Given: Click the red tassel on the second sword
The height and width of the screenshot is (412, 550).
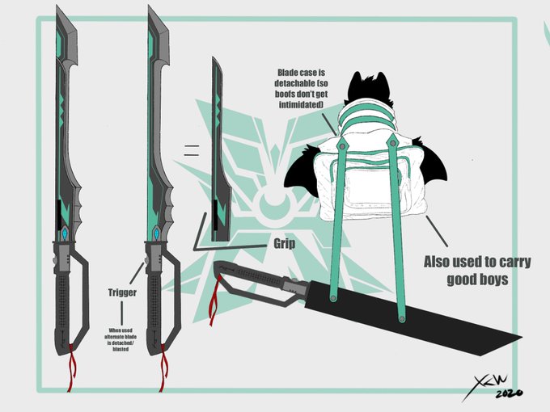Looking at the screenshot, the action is [164, 364].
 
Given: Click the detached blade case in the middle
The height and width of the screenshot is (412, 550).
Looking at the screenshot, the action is [217, 153].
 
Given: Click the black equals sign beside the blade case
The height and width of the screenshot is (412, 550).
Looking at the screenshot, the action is [191, 149].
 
